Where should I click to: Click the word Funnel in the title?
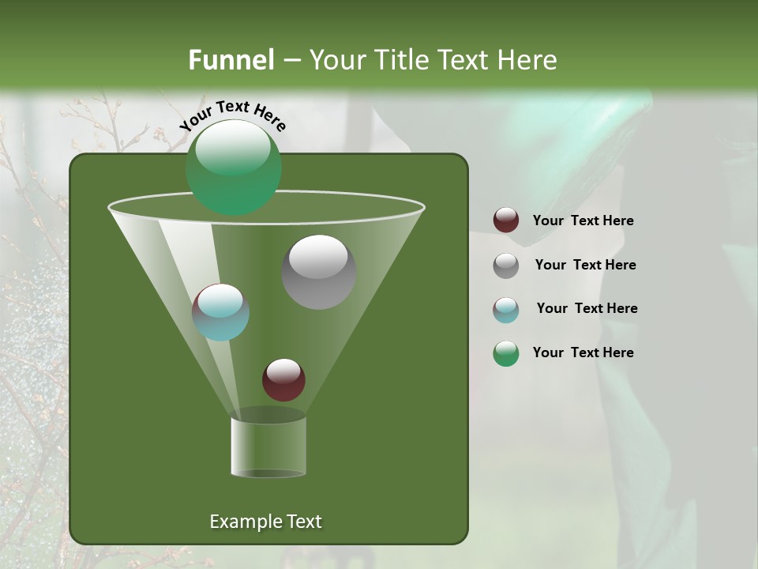tap(231, 60)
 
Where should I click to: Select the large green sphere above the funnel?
tap(233, 167)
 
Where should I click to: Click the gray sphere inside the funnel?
tap(318, 272)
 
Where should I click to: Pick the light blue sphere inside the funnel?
tap(220, 312)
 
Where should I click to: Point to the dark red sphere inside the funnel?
tap(283, 379)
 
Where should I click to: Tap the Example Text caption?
tap(265, 522)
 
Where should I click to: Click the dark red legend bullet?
tap(506, 220)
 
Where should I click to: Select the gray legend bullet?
tap(506, 266)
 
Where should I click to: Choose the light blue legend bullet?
tap(506, 310)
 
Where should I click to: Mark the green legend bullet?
tap(506, 353)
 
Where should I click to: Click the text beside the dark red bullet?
tap(583, 221)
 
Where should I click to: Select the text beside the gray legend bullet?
tap(585, 266)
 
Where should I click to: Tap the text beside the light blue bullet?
tap(587, 309)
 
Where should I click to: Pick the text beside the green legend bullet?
tap(583, 352)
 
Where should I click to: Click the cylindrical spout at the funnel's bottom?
tap(268, 447)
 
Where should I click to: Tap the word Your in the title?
tap(337, 60)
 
